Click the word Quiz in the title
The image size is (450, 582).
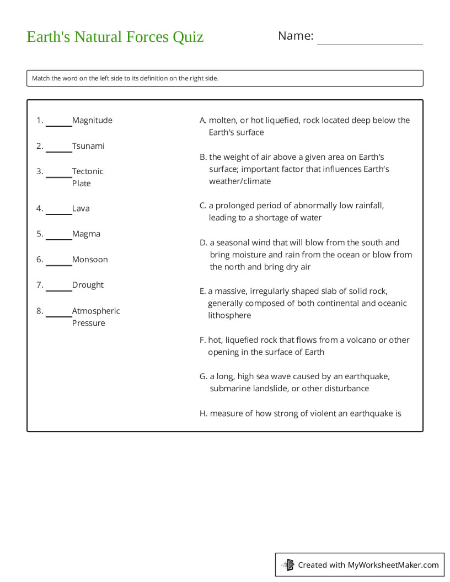tap(188, 37)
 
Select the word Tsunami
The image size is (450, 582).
tap(88, 146)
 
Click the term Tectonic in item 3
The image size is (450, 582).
tap(88, 171)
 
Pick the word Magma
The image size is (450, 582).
tap(86, 234)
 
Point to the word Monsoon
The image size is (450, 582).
tap(90, 260)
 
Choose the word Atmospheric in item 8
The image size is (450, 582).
tap(96, 311)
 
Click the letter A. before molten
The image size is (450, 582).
tap(203, 120)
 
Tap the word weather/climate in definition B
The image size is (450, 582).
tap(240, 181)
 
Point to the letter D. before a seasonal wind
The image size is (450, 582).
tap(203, 242)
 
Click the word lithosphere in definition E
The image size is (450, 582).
tap(229, 315)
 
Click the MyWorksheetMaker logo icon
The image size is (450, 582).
tap(288, 564)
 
